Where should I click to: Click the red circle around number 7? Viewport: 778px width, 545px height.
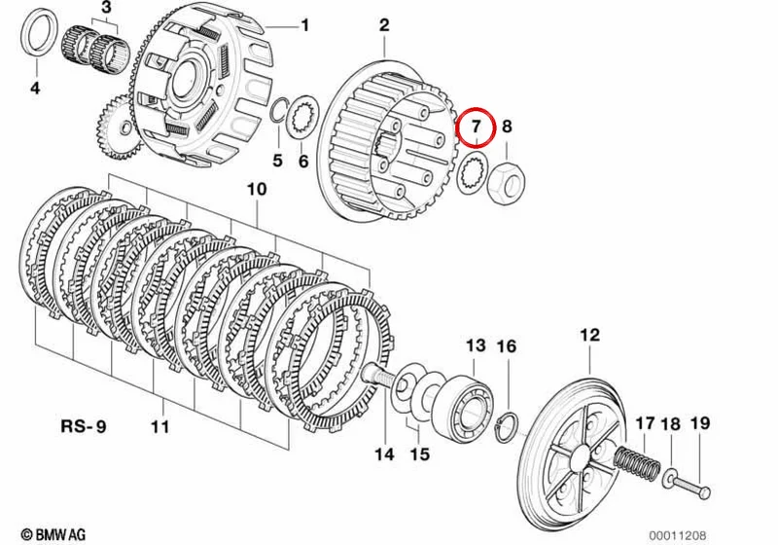click(x=476, y=109)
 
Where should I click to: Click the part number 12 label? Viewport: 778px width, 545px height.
click(x=590, y=335)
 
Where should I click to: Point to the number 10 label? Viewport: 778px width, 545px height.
click(x=257, y=189)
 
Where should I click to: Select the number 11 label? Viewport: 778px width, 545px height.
click(x=160, y=426)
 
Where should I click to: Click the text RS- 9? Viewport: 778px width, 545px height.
click(x=84, y=426)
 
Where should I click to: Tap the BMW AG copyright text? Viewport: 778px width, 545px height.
click(x=53, y=534)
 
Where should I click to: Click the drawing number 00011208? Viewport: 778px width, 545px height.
click(x=678, y=535)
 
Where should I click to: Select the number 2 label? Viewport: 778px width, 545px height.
click(x=384, y=25)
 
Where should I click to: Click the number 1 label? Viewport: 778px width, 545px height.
click(x=304, y=24)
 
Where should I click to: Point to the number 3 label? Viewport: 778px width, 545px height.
click(x=107, y=8)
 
